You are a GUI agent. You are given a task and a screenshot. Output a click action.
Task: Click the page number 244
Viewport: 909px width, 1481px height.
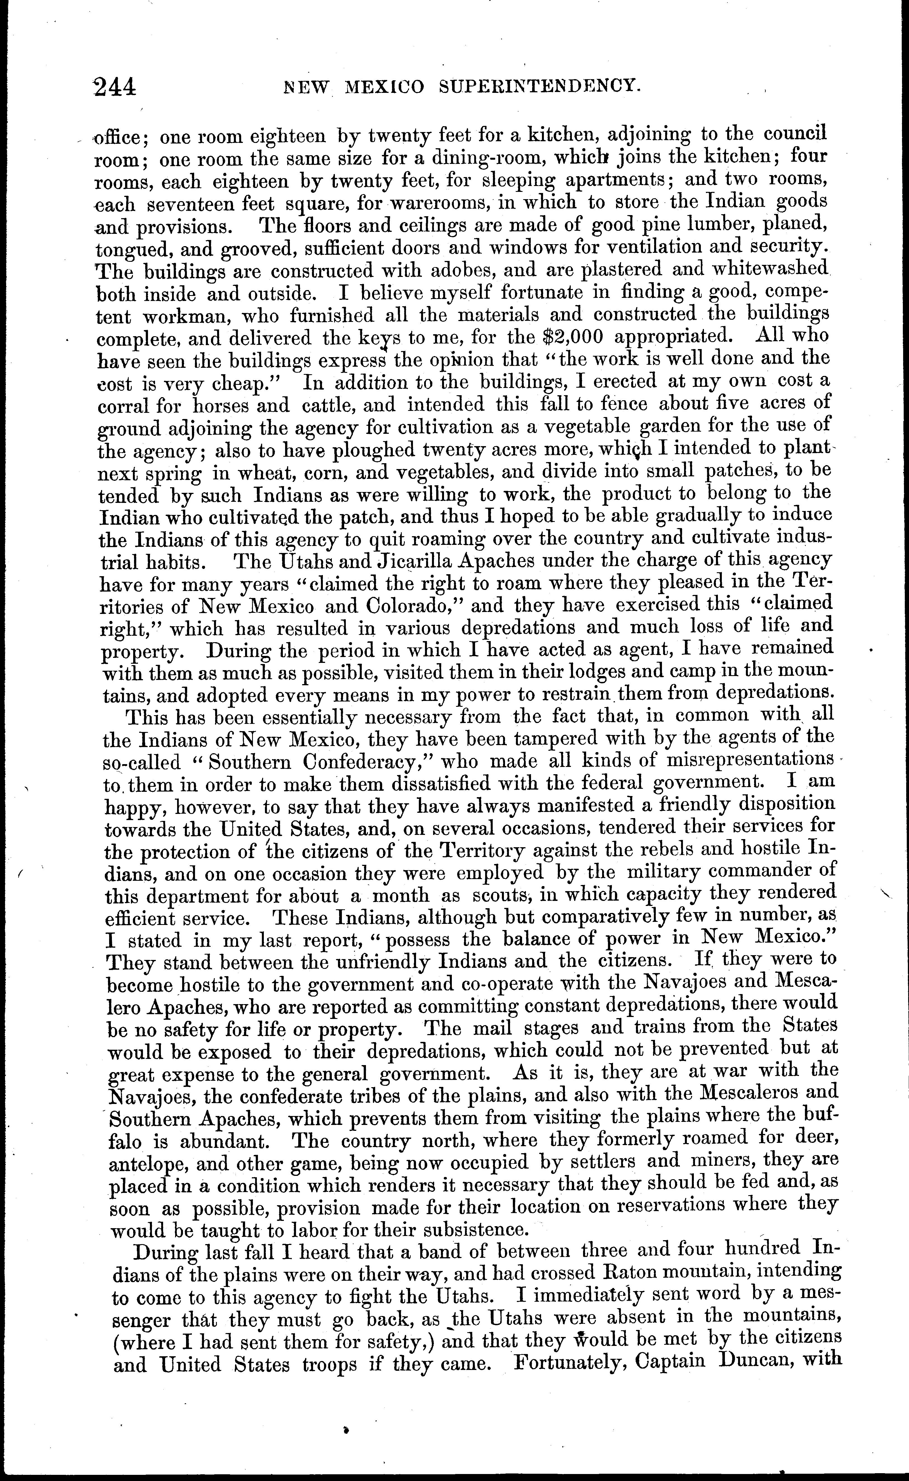(115, 88)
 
